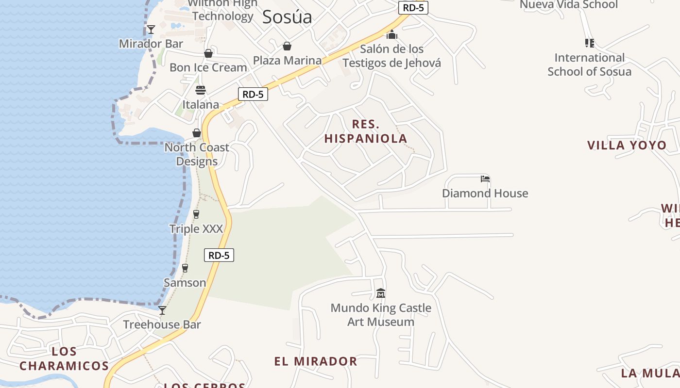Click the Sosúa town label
(x=287, y=17)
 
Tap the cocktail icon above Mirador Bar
(x=151, y=30)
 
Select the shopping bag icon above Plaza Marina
(x=287, y=46)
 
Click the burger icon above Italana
(x=201, y=90)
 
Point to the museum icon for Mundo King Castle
(x=381, y=293)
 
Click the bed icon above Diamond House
(x=485, y=179)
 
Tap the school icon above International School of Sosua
(x=590, y=43)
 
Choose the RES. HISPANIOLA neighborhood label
(x=366, y=131)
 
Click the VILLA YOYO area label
(x=627, y=145)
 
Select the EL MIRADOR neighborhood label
(x=316, y=361)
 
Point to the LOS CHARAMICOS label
(x=64, y=358)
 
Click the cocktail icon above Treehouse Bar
(x=162, y=310)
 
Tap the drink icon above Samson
(x=185, y=268)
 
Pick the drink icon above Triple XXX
(x=196, y=214)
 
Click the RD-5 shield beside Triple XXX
(x=219, y=255)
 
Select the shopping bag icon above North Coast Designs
(x=197, y=133)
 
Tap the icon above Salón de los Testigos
(x=392, y=35)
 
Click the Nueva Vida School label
(x=569, y=5)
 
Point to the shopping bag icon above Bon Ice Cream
(x=208, y=53)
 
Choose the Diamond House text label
(x=485, y=193)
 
